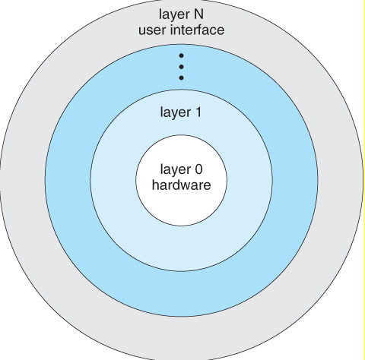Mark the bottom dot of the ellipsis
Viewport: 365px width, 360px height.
181,77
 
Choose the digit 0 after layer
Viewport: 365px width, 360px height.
200,169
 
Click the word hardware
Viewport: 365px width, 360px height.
181,185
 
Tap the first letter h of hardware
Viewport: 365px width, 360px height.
156,185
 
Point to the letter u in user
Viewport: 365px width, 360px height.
140,31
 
